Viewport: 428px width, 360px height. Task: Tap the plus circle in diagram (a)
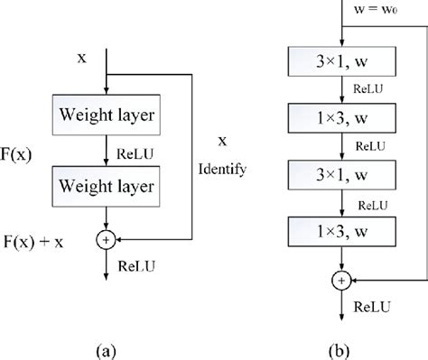[x=107, y=240]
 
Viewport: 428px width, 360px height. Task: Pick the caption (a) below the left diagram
[x=107, y=346]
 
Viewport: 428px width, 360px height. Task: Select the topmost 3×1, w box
[x=341, y=63]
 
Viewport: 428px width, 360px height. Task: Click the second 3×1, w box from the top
[x=341, y=174]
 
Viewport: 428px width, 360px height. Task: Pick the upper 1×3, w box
[x=341, y=118]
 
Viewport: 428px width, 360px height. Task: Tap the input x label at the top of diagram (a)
[x=83, y=57]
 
